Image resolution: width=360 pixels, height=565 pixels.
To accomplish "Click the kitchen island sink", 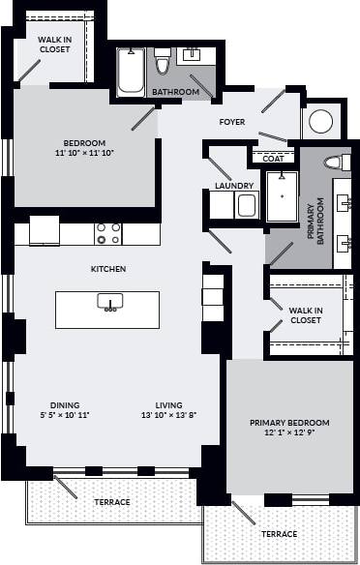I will point(108,302).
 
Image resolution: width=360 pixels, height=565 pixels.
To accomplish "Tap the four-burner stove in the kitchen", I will point(107,233).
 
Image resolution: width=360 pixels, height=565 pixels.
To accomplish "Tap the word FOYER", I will point(232,123).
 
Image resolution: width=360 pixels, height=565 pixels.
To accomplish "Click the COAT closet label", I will point(274,158).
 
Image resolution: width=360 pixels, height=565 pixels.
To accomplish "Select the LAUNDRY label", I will point(234,186).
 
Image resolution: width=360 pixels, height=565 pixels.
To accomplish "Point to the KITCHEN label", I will point(108,269).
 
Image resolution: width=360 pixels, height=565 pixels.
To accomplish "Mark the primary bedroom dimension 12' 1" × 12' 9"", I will point(289,432).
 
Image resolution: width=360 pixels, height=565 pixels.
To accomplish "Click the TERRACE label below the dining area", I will point(111,502).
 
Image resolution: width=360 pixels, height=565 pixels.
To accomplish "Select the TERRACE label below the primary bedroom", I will point(279,534).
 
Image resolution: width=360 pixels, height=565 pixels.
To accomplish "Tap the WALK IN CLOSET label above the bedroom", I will point(54,44).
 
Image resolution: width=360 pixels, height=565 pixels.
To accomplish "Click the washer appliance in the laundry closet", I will point(246,206).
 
